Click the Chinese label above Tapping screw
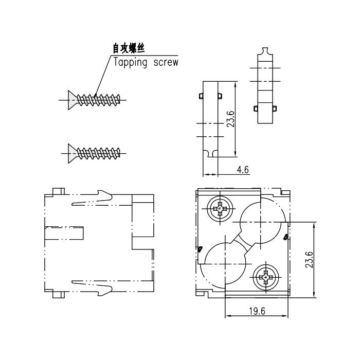click(x=129, y=48)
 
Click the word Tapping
click(x=130, y=62)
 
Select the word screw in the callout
click(x=166, y=62)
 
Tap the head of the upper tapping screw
click(x=73, y=100)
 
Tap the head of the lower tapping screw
click(x=73, y=153)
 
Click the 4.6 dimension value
click(x=243, y=170)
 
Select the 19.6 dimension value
click(x=257, y=311)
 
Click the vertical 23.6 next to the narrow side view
click(x=230, y=119)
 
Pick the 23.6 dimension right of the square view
click(x=309, y=260)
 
